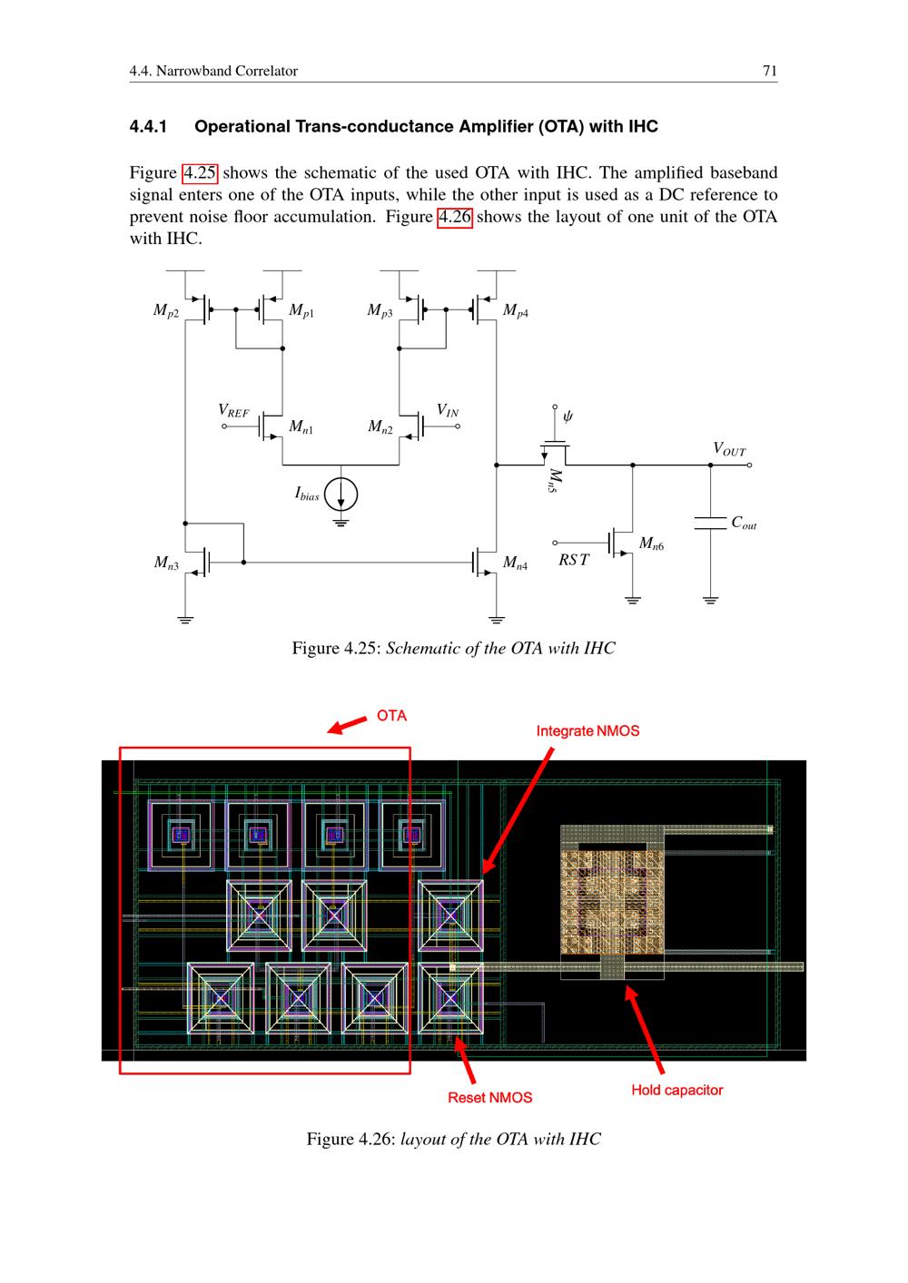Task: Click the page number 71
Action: point(769,71)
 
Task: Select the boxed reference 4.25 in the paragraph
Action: point(200,173)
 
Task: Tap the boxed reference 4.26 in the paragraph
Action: point(455,217)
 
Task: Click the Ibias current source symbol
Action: point(340,494)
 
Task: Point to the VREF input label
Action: point(233,411)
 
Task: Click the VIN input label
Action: point(447,410)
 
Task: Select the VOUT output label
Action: point(729,448)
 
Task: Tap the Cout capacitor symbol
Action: point(710,523)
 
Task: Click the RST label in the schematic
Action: point(573,560)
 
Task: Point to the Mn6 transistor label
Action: point(651,543)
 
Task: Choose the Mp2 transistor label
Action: point(165,310)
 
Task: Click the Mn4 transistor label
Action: point(515,563)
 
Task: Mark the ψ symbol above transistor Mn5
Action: point(567,416)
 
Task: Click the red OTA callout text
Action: point(391,715)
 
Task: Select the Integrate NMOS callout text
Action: point(587,730)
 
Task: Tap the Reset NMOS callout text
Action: point(489,1097)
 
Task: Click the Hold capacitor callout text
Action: point(677,1090)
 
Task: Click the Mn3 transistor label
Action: point(165,563)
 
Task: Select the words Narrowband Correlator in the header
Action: point(227,71)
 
